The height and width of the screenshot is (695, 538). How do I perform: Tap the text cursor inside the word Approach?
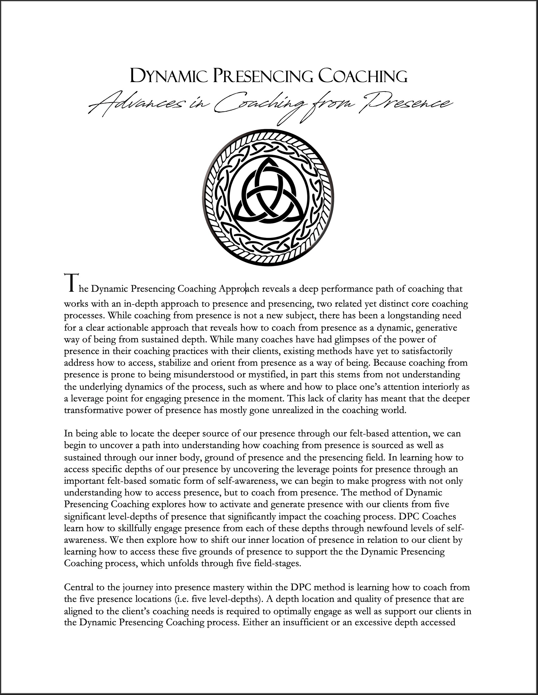[246, 288]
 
